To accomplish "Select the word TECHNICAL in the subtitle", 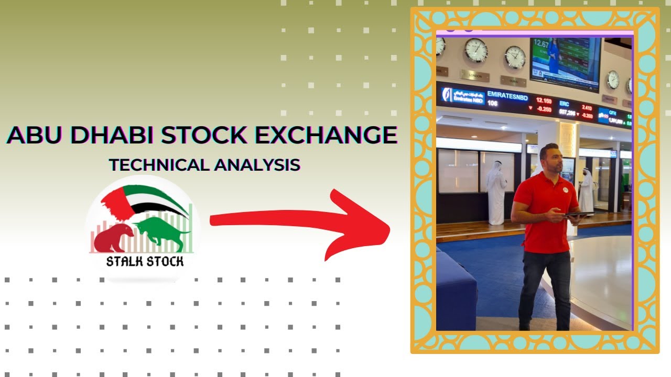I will coord(159,165).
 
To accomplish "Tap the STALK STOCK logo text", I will coord(145,261).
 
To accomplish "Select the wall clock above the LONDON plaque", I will coord(475,50).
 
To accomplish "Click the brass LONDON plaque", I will coord(474,76).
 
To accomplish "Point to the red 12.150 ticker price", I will coord(544,100).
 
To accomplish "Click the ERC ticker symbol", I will coord(564,104).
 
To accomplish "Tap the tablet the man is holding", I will coord(579,214).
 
